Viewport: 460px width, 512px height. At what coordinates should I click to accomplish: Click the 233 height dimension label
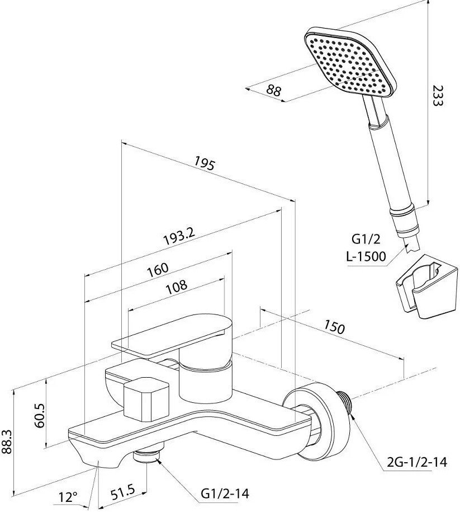point(437,95)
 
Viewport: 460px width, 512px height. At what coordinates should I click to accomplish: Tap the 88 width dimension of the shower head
point(273,90)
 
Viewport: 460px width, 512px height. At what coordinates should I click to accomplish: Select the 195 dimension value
point(205,163)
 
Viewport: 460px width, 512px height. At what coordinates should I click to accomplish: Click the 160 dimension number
point(158,269)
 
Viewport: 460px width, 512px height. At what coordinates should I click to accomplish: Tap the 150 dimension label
point(334,327)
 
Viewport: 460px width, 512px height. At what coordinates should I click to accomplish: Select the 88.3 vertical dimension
point(7,442)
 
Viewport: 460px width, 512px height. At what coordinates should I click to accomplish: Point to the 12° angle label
point(68,497)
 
